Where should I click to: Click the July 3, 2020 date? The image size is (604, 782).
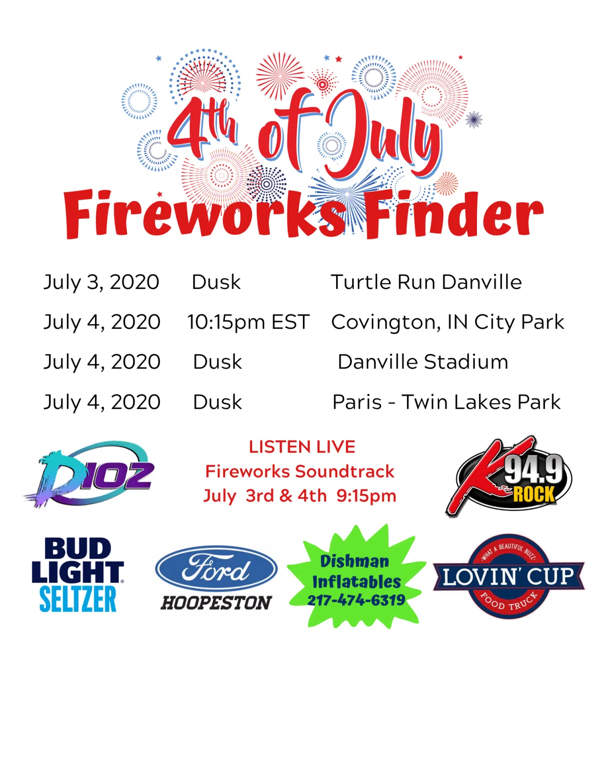pyautogui.click(x=102, y=282)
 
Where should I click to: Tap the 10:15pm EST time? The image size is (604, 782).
pyautogui.click(x=248, y=322)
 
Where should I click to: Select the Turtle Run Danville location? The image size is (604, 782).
pyautogui.click(x=426, y=282)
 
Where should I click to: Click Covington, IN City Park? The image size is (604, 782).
pyautogui.click(x=448, y=322)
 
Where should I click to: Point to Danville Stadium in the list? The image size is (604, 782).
pyautogui.click(x=423, y=362)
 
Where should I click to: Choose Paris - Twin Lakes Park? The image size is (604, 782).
pyautogui.click(x=447, y=402)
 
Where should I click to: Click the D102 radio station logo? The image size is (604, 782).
pyautogui.click(x=89, y=474)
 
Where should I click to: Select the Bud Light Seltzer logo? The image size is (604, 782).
pyautogui.click(x=78, y=575)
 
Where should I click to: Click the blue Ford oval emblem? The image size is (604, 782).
pyautogui.click(x=216, y=569)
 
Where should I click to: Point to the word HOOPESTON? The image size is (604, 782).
pyautogui.click(x=216, y=603)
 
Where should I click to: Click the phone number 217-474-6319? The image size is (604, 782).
pyautogui.click(x=356, y=600)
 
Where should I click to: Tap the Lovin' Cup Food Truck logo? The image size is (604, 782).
pyautogui.click(x=509, y=576)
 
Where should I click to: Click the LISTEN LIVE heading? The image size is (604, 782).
pyautogui.click(x=302, y=447)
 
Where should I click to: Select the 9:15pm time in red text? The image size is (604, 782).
pyautogui.click(x=367, y=496)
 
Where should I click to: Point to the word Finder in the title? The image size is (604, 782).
pyautogui.click(x=454, y=215)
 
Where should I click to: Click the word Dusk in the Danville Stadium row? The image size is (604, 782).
pyautogui.click(x=217, y=362)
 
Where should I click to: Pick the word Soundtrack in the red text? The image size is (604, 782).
pyautogui.click(x=345, y=472)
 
